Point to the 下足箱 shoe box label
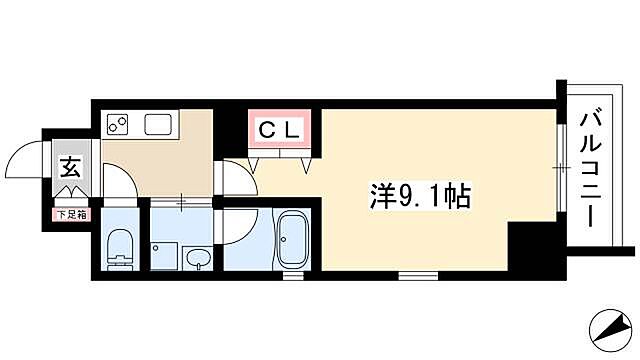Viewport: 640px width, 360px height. click(70, 212)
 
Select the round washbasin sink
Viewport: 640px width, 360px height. click(198, 258)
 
